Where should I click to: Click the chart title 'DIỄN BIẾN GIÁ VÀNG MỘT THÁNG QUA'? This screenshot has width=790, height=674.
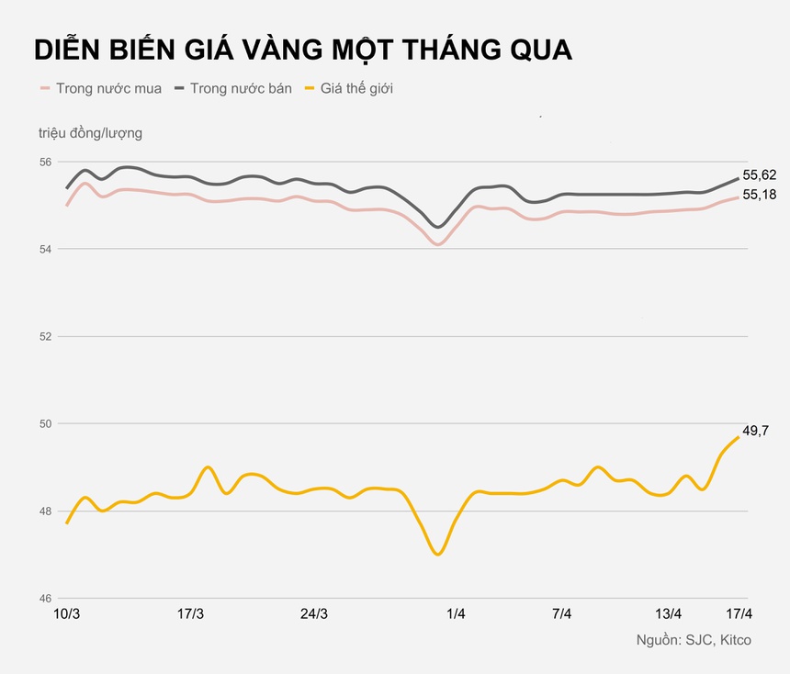[303, 50]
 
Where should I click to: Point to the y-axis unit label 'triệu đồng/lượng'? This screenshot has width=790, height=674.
[90, 133]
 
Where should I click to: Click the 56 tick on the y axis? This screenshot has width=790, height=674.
[46, 163]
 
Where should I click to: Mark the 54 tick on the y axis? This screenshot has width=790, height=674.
[46, 250]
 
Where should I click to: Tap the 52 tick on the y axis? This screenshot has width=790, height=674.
[46, 337]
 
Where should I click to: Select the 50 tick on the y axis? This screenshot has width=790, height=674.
[46, 424]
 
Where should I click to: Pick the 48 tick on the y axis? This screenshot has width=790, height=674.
[46, 511]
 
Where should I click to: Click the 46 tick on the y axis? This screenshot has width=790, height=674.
[46, 599]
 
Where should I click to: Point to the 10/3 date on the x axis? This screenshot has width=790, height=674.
[67, 614]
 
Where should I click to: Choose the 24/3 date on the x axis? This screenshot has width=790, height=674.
[314, 614]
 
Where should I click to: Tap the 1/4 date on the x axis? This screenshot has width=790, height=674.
[456, 614]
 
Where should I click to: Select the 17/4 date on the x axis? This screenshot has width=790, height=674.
[739, 614]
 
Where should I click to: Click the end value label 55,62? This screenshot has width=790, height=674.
[760, 174]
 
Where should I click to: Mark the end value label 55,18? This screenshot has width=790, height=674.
[760, 195]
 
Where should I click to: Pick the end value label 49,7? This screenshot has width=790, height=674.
[755, 431]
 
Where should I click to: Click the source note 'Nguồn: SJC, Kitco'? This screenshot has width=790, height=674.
[694, 639]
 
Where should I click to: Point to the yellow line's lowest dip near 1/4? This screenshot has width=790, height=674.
[438, 554]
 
